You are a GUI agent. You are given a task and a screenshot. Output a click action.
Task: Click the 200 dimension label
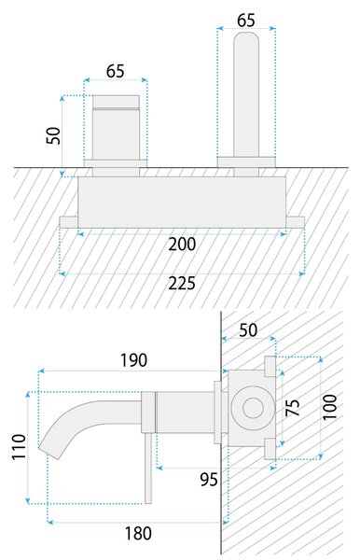point(182,245)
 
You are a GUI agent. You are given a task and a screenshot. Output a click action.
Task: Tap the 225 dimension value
point(182,284)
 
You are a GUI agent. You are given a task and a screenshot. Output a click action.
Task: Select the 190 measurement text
point(133,360)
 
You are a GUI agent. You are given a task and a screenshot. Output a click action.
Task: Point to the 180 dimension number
point(138,534)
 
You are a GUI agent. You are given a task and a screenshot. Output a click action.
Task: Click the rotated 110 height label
point(20,447)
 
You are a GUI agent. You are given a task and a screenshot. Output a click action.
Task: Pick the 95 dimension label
point(209,480)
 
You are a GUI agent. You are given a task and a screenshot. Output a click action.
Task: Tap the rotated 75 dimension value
point(293,408)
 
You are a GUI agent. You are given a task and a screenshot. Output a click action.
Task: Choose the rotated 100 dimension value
point(329,406)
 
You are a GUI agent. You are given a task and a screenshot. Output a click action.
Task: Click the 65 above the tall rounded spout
point(246,20)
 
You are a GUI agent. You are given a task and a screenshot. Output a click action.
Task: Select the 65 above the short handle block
point(116,71)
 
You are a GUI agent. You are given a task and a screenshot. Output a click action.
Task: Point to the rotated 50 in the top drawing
point(53,135)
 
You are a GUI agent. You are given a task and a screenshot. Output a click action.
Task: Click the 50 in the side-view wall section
point(248,330)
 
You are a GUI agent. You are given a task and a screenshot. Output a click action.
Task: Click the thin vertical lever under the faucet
point(148,468)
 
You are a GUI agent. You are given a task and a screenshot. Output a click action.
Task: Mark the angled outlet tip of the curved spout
point(50,453)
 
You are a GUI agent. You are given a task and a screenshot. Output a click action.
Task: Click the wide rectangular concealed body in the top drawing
point(182,203)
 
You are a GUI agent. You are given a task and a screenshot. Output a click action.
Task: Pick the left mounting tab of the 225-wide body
point(68,222)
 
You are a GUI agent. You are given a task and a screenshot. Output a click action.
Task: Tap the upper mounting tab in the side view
point(270,367)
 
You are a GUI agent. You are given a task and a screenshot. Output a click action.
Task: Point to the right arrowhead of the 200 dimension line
point(284,234)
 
